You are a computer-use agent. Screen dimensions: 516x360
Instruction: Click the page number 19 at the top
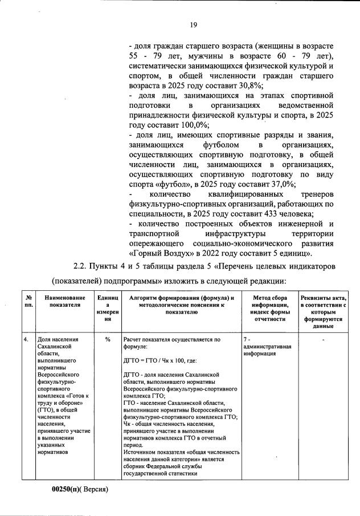click(x=194, y=25)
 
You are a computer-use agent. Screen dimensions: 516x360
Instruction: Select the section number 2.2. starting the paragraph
click(x=83, y=266)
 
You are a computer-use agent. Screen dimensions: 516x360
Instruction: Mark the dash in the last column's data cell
click(x=323, y=340)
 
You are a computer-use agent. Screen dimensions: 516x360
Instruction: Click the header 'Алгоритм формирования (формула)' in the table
click(x=182, y=298)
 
